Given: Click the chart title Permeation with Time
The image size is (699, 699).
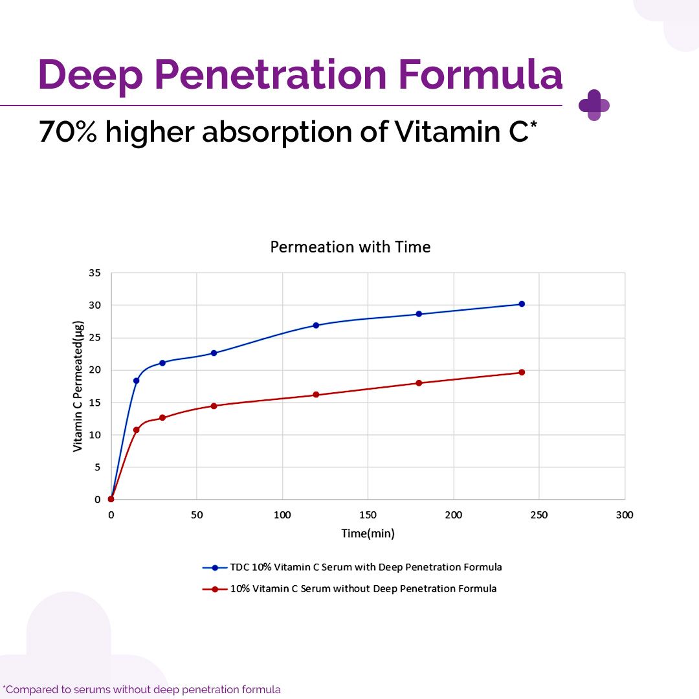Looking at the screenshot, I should (350, 247).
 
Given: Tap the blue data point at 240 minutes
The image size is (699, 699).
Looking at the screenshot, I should (522, 304).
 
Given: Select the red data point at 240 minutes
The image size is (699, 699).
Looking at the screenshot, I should (522, 372).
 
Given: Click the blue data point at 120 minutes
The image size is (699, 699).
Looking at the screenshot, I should (316, 325).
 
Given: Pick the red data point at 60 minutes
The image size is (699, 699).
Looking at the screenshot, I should (214, 406).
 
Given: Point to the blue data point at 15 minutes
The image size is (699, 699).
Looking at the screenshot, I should (136, 381).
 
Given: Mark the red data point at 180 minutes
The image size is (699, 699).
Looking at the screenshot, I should (419, 383).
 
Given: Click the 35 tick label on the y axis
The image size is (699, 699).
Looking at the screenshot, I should (94, 273).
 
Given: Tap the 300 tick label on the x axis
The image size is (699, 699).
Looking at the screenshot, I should (624, 515).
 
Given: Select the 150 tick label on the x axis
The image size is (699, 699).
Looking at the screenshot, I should (368, 515).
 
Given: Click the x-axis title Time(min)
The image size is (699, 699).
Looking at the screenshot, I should (368, 534).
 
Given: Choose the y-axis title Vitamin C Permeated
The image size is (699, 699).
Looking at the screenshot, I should (78, 386).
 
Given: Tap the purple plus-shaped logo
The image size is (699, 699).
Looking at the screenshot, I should (594, 105).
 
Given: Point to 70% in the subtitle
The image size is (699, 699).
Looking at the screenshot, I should (67, 131).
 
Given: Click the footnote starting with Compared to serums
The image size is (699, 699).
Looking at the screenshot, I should (142, 689).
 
